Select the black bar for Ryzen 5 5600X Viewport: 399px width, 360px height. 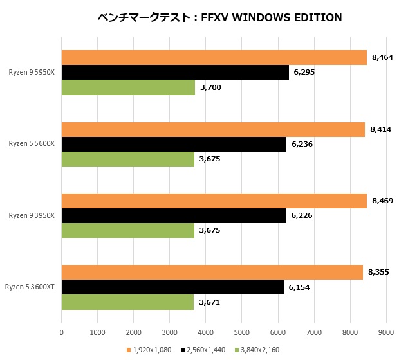point(174,144)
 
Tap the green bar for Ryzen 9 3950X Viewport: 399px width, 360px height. point(127,230)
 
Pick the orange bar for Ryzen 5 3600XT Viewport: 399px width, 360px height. point(212,273)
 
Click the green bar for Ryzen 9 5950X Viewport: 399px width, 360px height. point(128,87)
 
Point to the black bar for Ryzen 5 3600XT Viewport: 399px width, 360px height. point(172,287)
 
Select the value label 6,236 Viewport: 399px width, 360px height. point(302,144)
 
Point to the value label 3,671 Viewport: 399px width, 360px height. point(210,301)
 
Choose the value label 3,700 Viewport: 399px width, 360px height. point(210,87)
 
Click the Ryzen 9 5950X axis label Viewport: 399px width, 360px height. point(32,73)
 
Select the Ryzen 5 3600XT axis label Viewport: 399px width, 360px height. point(30,287)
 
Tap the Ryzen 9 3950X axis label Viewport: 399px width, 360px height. point(32,215)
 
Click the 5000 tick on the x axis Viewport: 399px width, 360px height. point(241,332)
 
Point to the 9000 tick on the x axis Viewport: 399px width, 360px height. point(385,332)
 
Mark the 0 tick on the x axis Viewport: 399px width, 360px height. point(61,332)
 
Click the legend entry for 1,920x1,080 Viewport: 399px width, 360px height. point(153,349)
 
